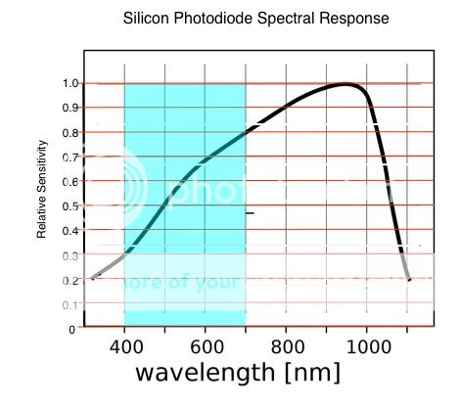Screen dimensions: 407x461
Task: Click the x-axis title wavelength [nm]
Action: point(238,373)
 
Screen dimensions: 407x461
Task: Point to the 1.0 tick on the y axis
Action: point(69,83)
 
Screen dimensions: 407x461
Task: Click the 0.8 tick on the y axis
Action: point(69,132)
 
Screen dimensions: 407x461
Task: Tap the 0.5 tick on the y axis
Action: point(69,205)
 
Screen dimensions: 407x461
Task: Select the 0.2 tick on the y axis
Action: point(69,280)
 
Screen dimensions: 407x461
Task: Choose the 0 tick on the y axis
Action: point(72,329)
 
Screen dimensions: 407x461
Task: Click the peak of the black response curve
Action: point(346,84)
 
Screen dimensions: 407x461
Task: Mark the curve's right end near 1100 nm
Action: point(409,280)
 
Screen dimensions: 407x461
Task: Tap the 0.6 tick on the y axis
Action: point(69,181)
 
